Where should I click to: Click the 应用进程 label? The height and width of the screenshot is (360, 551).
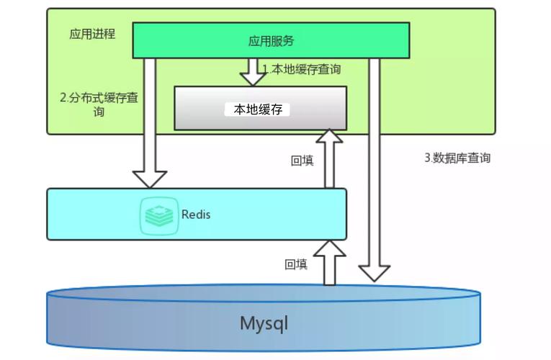coord(91,34)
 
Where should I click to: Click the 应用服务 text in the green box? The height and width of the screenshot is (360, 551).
coord(271,41)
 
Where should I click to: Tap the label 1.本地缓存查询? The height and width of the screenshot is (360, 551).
coord(301,70)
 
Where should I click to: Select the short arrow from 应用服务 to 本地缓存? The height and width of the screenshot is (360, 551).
coord(253,71)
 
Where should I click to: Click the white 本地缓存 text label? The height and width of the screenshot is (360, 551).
coord(257,109)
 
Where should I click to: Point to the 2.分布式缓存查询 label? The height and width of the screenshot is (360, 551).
coord(99,104)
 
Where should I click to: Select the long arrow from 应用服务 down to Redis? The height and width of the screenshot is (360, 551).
coord(150,115)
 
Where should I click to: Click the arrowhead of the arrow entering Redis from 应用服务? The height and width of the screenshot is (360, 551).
coord(150,179)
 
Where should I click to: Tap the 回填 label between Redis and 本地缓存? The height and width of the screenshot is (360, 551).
coord(302,161)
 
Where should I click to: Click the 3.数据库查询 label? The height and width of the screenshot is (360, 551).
coord(457,158)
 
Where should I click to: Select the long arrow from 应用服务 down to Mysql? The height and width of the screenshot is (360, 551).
coord(375,166)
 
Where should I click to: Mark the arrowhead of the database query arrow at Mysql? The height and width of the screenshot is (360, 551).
coord(375,273)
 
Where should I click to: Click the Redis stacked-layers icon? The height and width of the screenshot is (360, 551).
coord(158,214)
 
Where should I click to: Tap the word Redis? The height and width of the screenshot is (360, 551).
coord(196,215)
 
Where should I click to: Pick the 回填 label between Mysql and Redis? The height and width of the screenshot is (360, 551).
coord(296,264)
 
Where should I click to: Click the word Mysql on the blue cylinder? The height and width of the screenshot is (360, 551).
coord(264,323)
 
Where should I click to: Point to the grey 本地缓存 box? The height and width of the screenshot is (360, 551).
coord(260,108)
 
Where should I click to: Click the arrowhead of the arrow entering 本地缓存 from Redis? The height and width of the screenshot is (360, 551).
coord(331,137)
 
